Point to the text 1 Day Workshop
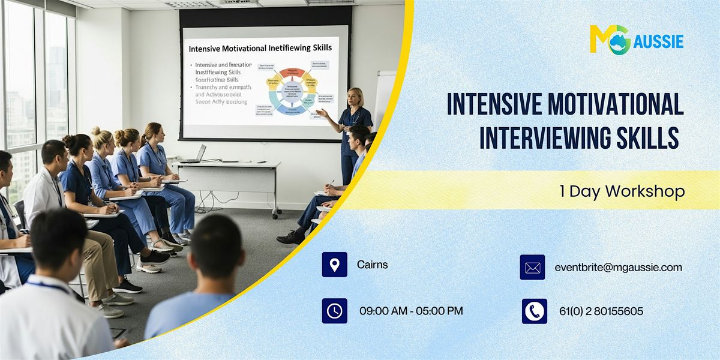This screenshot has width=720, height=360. coord(622,191)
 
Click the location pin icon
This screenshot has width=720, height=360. coord(334,265)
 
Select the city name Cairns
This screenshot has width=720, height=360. coord(372,265)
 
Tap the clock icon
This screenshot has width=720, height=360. coord(334,311)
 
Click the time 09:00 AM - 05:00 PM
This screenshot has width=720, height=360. coord(411,311)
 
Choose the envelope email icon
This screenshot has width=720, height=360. coord(532,268)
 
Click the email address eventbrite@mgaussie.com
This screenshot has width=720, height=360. coord(618,268)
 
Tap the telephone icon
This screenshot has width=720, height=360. coord(534,311)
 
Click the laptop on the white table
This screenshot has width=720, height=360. coord(195,154)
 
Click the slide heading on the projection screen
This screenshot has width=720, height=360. coord(260,48)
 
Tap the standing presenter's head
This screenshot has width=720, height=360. coord(355,97)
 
